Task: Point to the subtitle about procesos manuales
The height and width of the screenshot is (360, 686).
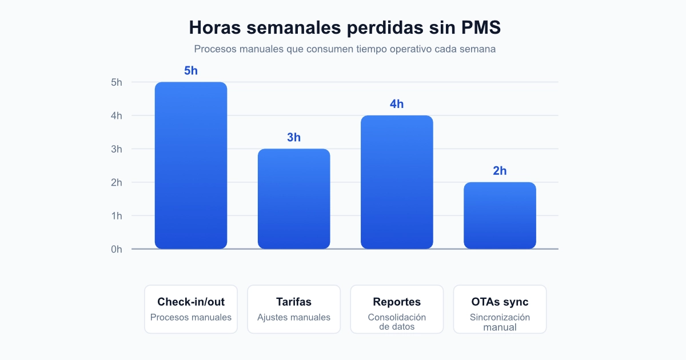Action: coord(345,49)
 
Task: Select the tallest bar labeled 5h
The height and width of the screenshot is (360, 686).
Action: coord(191,166)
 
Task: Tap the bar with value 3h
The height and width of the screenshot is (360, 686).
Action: coord(294,199)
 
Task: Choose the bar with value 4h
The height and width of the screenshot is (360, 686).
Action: coord(397,182)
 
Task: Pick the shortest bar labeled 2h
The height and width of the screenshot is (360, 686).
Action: coord(500,215)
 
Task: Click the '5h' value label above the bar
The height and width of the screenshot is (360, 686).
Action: coord(191,71)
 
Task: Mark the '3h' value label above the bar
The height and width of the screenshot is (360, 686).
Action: coord(294,138)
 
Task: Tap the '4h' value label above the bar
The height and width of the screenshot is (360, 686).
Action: coord(397,104)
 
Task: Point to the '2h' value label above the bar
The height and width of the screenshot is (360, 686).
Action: coord(500,171)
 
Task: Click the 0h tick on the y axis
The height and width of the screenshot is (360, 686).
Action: coord(117,249)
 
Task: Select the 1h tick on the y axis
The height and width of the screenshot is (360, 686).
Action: coord(117,216)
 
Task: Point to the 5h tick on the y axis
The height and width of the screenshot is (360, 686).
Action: coord(117,82)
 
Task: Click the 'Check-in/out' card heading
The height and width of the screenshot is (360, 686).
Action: coord(191,302)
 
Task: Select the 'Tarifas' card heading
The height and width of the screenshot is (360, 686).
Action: coord(294,302)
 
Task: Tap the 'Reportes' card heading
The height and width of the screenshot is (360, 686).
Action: coord(397,302)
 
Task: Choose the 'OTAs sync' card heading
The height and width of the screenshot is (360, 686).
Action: coord(500,302)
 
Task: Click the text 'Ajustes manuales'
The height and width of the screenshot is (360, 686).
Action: coord(294,317)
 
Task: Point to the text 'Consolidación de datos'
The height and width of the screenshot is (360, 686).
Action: coord(397,322)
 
